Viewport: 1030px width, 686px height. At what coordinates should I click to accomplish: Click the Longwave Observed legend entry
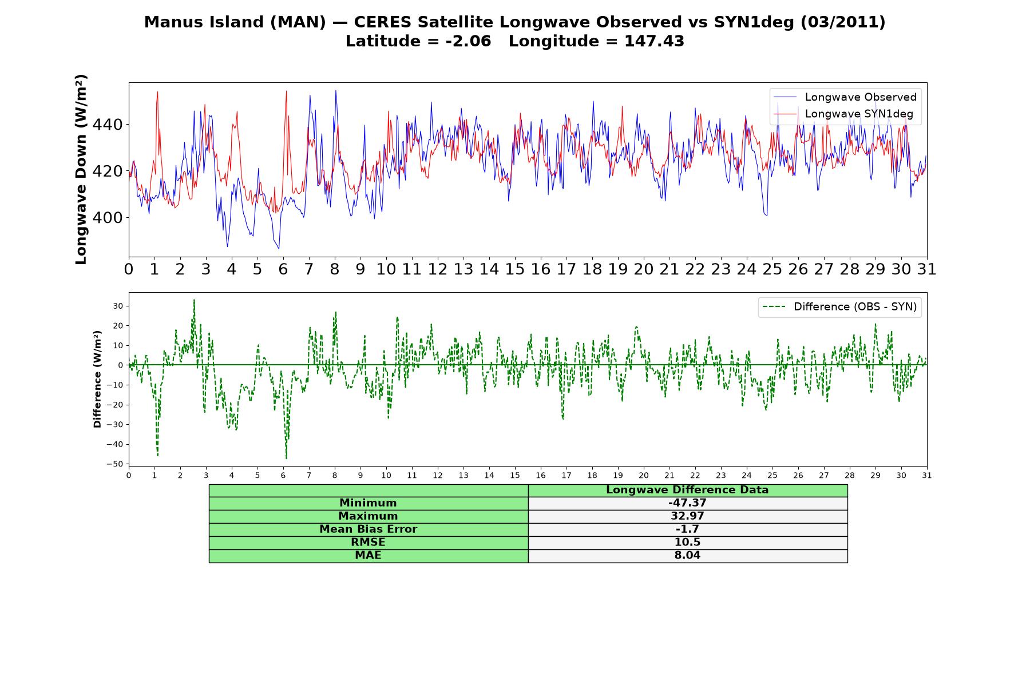coord(845,97)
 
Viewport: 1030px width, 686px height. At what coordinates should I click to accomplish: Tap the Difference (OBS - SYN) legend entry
coord(839,307)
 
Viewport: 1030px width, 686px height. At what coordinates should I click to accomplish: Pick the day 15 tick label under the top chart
coord(515,269)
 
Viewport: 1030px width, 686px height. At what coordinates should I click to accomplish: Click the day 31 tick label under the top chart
coord(927,269)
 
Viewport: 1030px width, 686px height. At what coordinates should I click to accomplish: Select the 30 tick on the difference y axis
coord(118,306)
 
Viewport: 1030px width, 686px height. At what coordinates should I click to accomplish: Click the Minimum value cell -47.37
coord(687,503)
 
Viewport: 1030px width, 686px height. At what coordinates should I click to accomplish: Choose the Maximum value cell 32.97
coord(687,516)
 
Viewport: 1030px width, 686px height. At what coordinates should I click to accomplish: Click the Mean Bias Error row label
coord(368,529)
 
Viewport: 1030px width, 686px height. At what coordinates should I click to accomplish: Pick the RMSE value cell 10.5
coord(687,543)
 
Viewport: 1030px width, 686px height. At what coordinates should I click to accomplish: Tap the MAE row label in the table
coord(368,556)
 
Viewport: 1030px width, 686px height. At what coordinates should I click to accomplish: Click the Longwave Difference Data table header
coord(687,490)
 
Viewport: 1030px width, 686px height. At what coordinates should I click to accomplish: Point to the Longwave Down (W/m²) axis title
coord(81,169)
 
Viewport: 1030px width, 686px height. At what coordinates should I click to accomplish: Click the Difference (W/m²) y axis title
coord(97,379)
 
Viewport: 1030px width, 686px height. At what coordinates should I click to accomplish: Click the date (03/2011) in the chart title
coord(843,22)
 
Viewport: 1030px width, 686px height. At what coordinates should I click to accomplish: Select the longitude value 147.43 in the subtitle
coord(654,41)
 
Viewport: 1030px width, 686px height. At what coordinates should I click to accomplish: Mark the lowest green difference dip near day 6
coord(286,458)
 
